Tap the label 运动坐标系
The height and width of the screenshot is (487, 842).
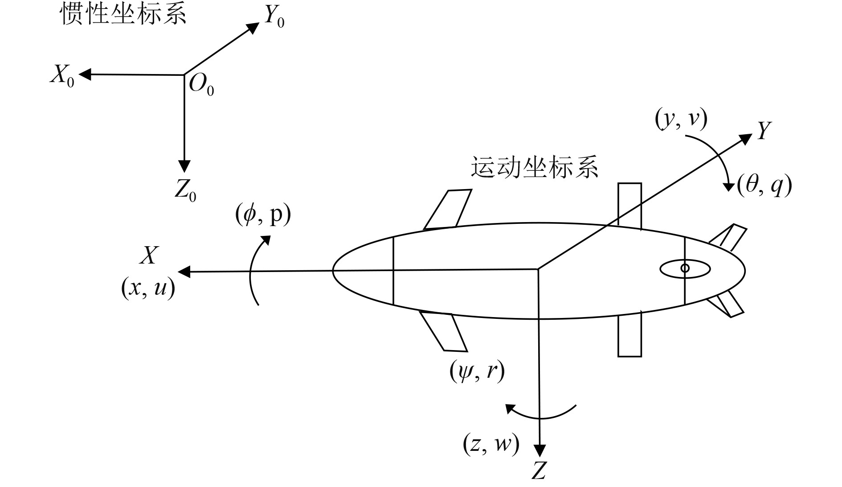tap(534, 168)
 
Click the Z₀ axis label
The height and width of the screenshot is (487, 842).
tap(185, 191)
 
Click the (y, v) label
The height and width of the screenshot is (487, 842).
tap(681, 120)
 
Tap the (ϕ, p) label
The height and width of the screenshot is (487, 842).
tap(263, 215)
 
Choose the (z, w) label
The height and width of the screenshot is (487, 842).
tap(491, 444)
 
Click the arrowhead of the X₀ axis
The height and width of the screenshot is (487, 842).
tap(85, 74)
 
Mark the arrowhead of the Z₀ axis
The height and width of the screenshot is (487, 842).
tap(184, 166)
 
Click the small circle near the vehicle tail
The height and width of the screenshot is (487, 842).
tap(685, 268)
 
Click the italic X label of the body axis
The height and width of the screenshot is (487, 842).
tap(149, 256)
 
